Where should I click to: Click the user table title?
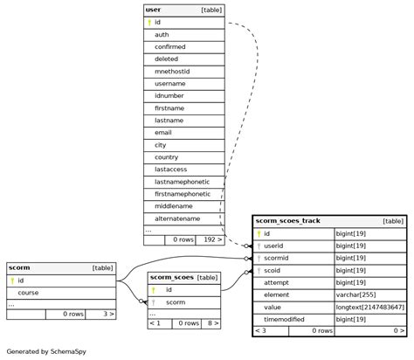154,10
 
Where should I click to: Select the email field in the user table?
164,132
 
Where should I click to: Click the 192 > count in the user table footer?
210,239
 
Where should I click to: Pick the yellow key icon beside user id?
149,22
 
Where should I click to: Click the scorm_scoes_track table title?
288,221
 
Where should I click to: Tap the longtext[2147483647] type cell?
370,308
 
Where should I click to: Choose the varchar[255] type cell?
357,295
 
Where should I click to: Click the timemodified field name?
286,320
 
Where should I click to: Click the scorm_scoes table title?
172,277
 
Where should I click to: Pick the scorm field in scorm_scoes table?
175,301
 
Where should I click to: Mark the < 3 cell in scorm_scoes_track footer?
260,331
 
